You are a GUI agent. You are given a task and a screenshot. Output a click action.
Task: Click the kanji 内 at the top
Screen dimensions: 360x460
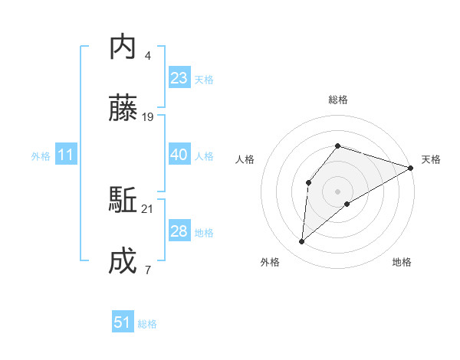pos(123,47)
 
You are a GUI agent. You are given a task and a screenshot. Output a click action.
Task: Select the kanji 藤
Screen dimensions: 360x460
pos(123,110)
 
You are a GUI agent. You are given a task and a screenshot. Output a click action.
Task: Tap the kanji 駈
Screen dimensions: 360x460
pos(123,201)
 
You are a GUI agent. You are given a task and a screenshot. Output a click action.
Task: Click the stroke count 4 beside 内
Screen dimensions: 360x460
pos(147,55)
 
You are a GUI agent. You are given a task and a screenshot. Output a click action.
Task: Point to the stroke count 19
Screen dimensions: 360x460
pos(149,117)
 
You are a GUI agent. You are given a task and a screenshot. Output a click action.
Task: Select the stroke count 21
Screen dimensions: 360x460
pos(149,208)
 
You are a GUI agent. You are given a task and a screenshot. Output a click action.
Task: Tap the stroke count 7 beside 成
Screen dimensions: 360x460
pos(147,270)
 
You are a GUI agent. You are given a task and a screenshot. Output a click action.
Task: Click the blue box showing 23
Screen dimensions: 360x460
pos(179,78)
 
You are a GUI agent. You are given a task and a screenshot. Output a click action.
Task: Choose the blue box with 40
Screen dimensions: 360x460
pos(179,155)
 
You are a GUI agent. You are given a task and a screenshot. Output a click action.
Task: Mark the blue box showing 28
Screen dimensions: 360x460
pos(179,231)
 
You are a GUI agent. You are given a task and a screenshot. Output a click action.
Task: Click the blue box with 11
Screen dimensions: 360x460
pos(66,155)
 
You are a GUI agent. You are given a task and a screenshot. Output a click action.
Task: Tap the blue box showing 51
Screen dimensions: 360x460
pos(123,323)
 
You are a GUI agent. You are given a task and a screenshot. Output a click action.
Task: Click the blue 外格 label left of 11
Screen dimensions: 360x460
pos(41,156)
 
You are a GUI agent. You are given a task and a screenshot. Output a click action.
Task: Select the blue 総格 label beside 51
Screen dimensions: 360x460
pos(147,324)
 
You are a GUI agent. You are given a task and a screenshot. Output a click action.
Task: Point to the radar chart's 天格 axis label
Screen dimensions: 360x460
pos(431,159)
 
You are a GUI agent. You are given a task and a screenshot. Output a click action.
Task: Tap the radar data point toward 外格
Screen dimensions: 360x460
pos(302,242)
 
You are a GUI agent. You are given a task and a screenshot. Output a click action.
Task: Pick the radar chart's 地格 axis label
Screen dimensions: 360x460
pos(402,262)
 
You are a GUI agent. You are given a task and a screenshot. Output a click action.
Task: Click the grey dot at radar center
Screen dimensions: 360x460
pos(337,190)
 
